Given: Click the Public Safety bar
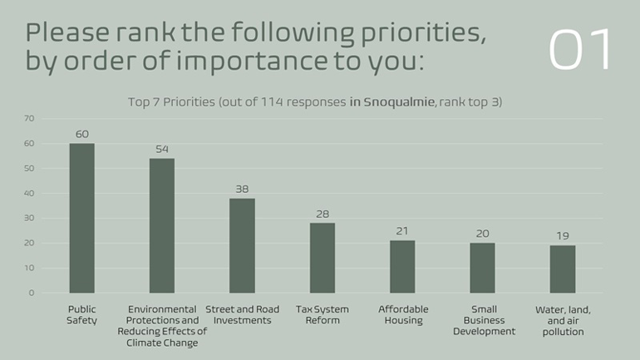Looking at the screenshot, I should [x=81, y=218].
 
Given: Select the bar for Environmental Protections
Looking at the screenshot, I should [x=161, y=225].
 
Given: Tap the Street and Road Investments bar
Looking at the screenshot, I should [x=242, y=245].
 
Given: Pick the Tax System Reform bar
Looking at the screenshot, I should [x=322, y=258].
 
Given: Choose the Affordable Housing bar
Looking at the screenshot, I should [x=402, y=266].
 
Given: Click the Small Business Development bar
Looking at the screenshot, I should [x=482, y=268].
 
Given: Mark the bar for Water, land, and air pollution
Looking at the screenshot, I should [x=563, y=269].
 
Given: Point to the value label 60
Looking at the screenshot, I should [x=81, y=134].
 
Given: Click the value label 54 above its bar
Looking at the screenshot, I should [x=161, y=149].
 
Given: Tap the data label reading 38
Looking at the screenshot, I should [x=242, y=189].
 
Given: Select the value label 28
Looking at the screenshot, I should [x=322, y=214].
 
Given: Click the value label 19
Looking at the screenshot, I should [x=563, y=236].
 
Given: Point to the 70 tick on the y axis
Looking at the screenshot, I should [x=29, y=118].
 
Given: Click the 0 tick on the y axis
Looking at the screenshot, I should [x=32, y=293].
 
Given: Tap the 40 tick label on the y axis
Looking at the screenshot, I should [x=29, y=193].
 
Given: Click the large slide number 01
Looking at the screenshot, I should [x=580, y=50].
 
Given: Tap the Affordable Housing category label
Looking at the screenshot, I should [x=403, y=315].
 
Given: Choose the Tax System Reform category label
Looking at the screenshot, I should [x=322, y=315].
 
